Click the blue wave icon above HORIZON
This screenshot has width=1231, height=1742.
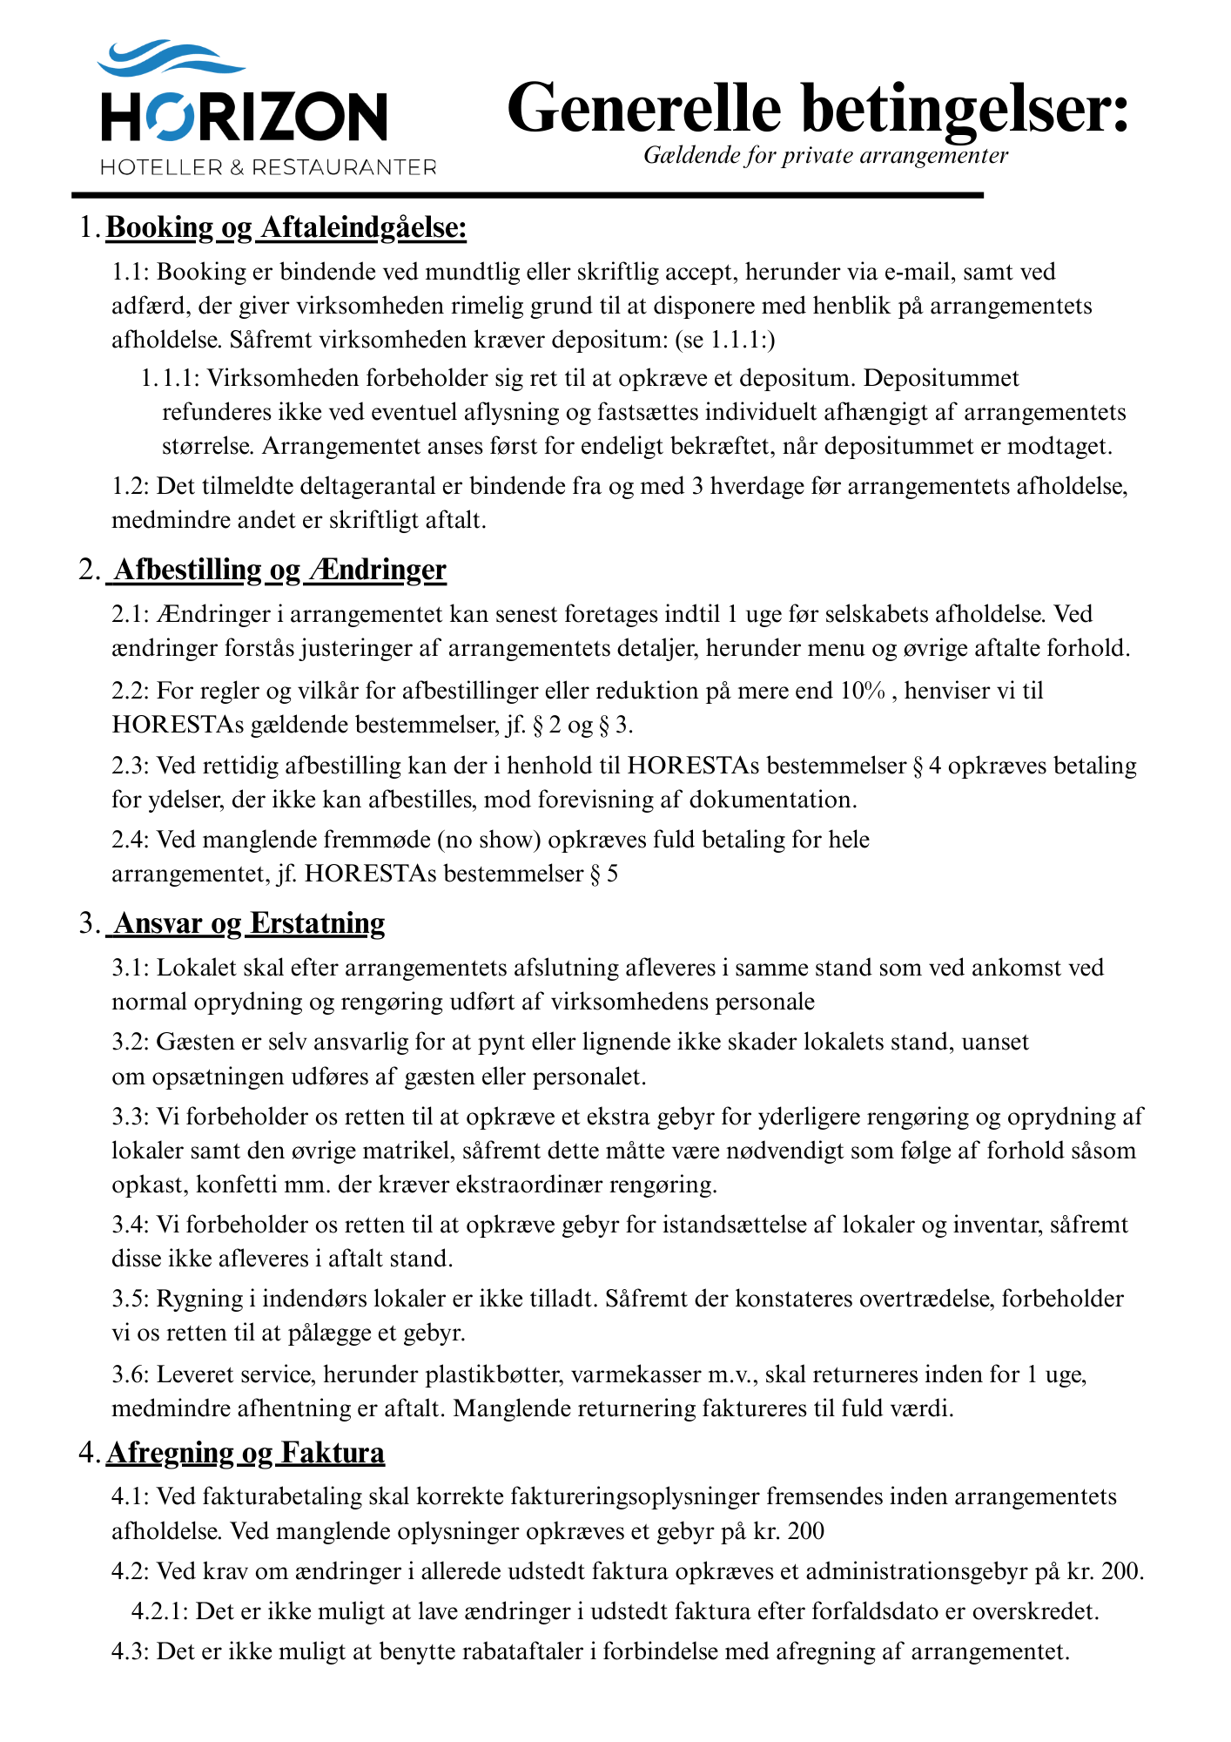(x=171, y=59)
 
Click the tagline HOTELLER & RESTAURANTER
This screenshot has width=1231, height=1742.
(x=268, y=167)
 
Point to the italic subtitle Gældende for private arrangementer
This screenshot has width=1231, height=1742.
(x=825, y=156)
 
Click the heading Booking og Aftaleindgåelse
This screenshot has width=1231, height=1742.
(x=286, y=228)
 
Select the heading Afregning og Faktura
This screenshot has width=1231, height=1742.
(x=246, y=1453)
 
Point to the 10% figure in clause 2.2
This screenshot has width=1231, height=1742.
(x=863, y=691)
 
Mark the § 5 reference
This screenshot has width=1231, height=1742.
(x=604, y=874)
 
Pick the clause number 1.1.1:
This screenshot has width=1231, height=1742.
(x=171, y=378)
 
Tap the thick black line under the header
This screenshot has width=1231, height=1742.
(x=528, y=195)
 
